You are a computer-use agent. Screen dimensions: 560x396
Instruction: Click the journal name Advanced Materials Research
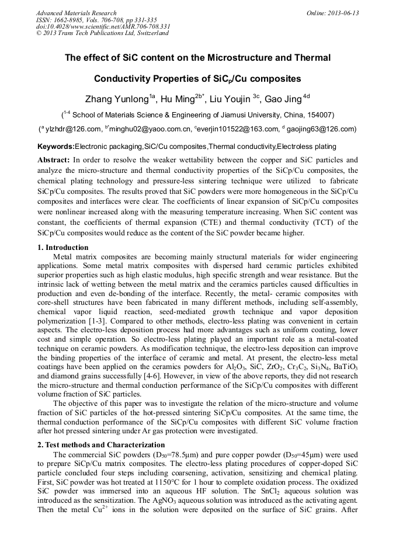(77, 13)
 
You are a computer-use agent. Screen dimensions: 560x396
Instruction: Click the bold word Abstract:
(54, 159)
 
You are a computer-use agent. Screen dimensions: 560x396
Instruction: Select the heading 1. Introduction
(63, 248)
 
